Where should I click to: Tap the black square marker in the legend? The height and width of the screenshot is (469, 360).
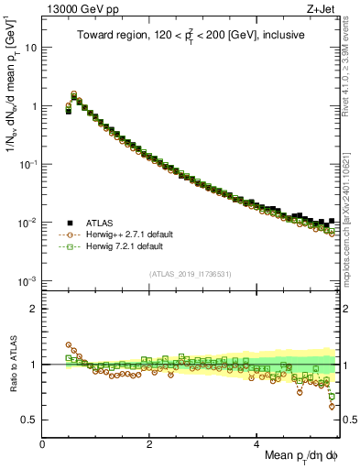(69, 223)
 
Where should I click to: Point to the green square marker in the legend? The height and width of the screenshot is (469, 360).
(69, 246)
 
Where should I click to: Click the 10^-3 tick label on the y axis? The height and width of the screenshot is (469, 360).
(27, 280)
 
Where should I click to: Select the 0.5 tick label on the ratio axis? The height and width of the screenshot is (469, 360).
(29, 420)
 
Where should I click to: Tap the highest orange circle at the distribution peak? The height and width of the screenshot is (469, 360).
(74, 93)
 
